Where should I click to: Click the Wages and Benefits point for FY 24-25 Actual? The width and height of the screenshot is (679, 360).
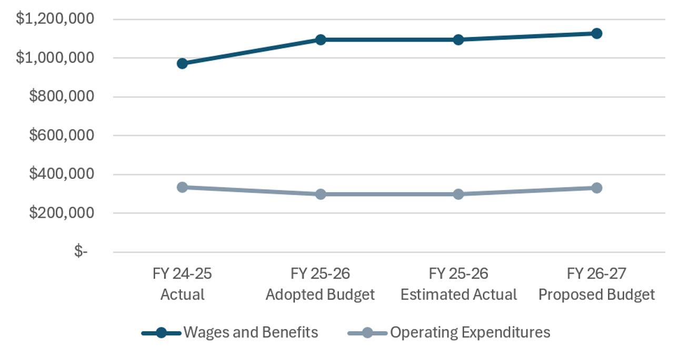(x=182, y=64)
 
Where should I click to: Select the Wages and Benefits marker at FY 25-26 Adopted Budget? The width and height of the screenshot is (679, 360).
(x=321, y=39)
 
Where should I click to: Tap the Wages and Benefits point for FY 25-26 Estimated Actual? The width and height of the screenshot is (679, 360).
(x=458, y=39)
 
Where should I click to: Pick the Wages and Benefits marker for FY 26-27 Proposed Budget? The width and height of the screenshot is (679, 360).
(x=596, y=34)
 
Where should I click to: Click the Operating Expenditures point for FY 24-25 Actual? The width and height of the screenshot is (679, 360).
(x=182, y=187)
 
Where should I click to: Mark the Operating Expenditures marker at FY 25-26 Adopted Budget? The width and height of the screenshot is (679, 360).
(x=321, y=194)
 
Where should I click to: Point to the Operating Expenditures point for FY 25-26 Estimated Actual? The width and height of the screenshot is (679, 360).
(x=458, y=194)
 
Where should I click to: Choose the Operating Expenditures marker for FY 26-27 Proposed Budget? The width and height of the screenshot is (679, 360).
(x=596, y=188)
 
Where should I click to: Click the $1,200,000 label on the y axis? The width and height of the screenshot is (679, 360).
(x=55, y=18)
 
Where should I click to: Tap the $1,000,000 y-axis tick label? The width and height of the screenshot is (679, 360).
(x=55, y=57)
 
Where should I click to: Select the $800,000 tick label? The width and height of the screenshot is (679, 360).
(x=62, y=96)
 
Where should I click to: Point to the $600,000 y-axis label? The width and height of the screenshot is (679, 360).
(x=62, y=135)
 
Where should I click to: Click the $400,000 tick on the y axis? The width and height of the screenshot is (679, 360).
(x=62, y=174)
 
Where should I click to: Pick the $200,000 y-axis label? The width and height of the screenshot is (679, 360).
(x=62, y=213)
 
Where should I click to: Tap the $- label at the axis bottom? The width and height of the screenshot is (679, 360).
(x=81, y=251)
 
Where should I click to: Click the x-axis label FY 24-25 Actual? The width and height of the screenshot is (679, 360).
(x=182, y=284)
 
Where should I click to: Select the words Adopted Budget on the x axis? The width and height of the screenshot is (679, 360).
(x=320, y=295)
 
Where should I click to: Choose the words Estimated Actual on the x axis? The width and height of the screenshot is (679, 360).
(x=458, y=295)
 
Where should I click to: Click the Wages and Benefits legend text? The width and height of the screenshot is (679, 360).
(x=251, y=332)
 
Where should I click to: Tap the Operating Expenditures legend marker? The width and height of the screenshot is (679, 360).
(x=367, y=333)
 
